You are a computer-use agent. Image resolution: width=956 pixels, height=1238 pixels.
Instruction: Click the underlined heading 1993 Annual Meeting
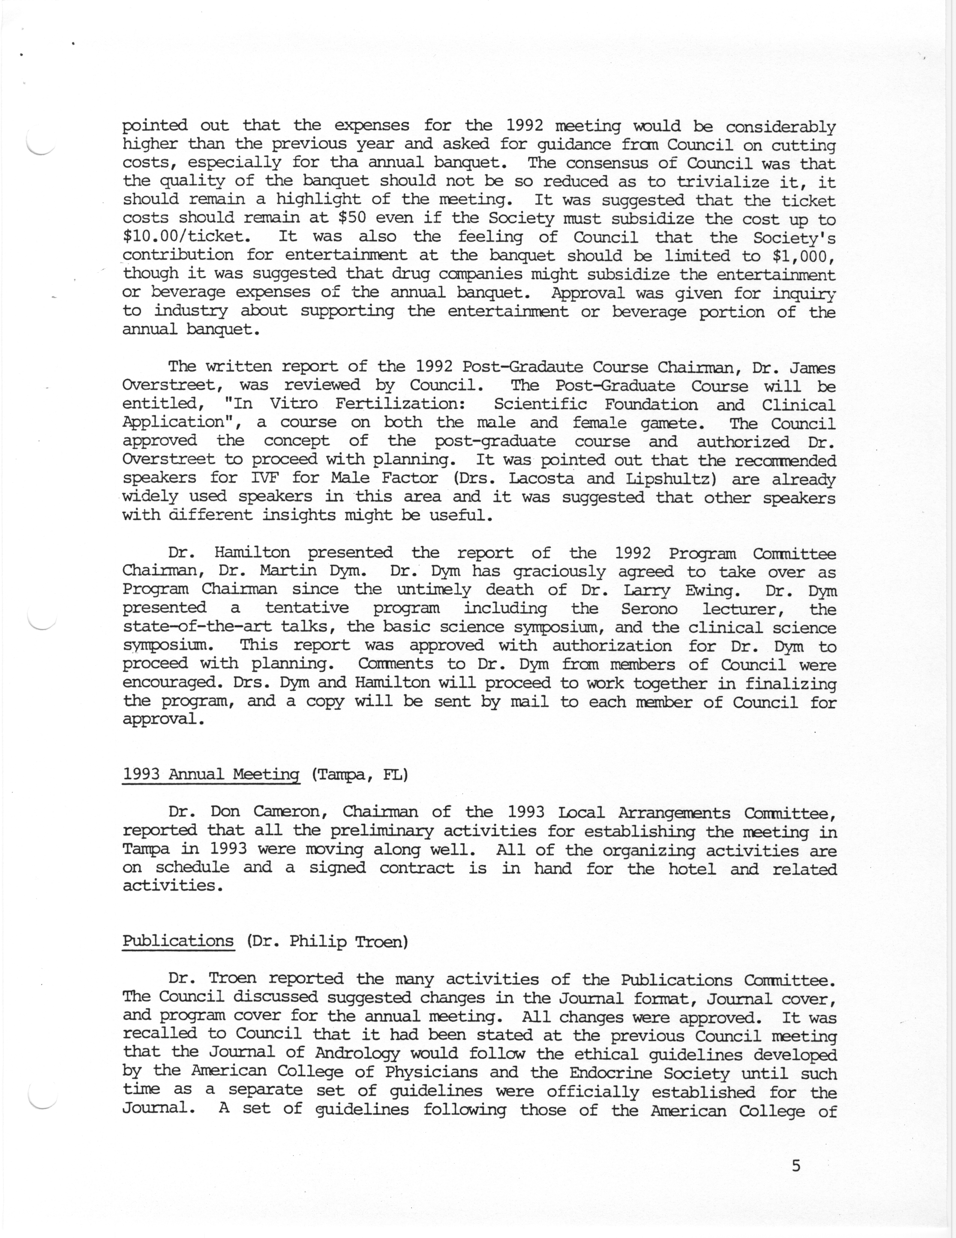pos(211,774)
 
